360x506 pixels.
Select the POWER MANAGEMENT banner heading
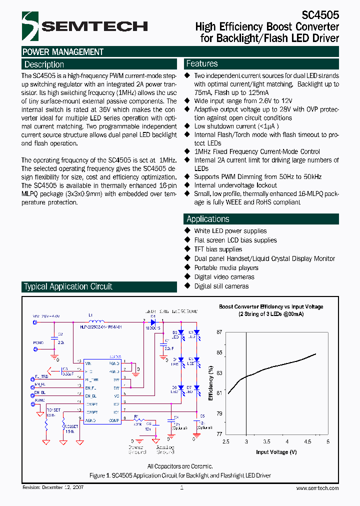[x=63, y=52]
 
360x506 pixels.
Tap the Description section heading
[x=44, y=64]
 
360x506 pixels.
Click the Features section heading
[x=202, y=63]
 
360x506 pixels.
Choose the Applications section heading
[x=208, y=219]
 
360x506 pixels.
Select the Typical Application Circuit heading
[x=68, y=286]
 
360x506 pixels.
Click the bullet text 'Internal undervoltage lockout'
[x=235, y=185]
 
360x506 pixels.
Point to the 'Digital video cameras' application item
[x=224, y=277]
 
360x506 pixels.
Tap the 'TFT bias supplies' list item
[x=218, y=249]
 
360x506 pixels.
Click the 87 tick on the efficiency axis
[x=219, y=332]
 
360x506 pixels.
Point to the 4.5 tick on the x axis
[x=307, y=442]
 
